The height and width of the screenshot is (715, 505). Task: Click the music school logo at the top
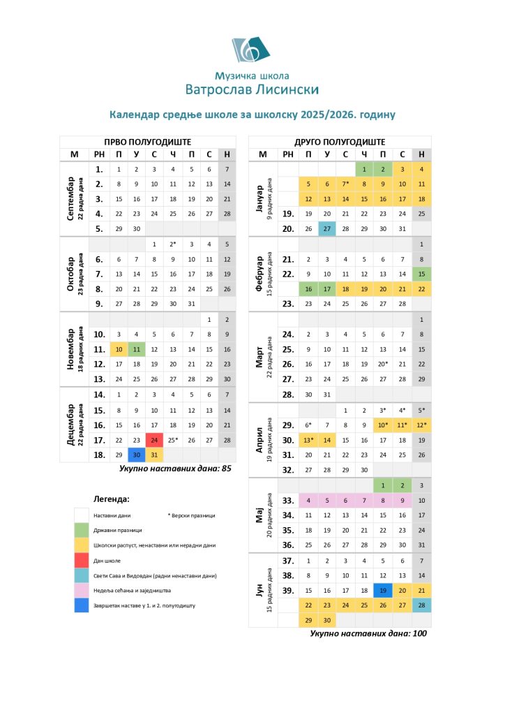(x=252, y=50)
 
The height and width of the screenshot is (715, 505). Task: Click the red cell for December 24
(x=154, y=440)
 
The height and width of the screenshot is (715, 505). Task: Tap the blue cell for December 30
(x=137, y=455)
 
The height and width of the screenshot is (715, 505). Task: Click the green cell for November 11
(x=137, y=348)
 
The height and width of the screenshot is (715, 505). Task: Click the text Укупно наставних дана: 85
(x=175, y=469)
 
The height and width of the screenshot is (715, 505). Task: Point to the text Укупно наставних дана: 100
(x=368, y=634)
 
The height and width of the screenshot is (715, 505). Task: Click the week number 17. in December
(x=99, y=440)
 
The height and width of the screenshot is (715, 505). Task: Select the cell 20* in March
(x=382, y=364)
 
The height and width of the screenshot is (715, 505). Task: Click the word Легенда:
(x=112, y=499)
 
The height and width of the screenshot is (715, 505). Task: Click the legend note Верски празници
(x=192, y=515)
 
